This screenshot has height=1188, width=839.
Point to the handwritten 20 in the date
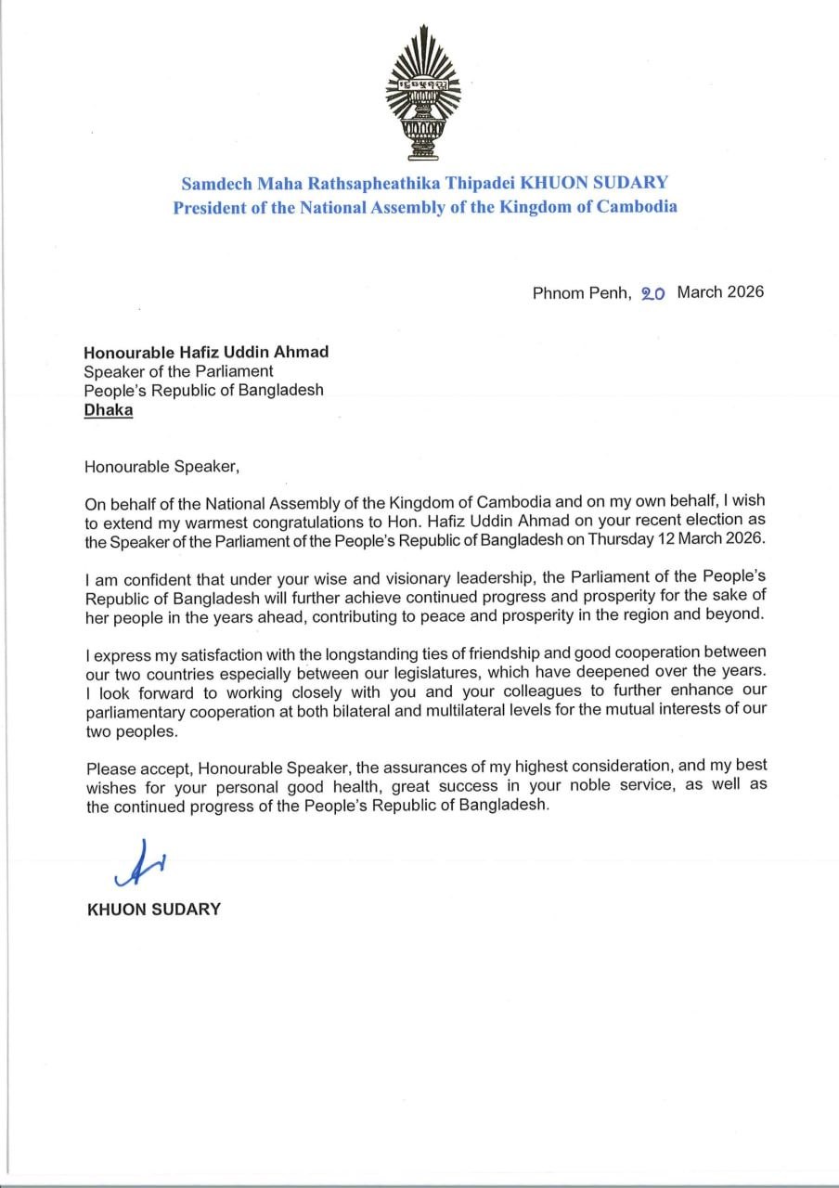pos(653,293)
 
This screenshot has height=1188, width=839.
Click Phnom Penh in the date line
pos(581,292)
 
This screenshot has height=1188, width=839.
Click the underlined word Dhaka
pos(108,409)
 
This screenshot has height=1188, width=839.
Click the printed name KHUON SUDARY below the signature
pos(153,909)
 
